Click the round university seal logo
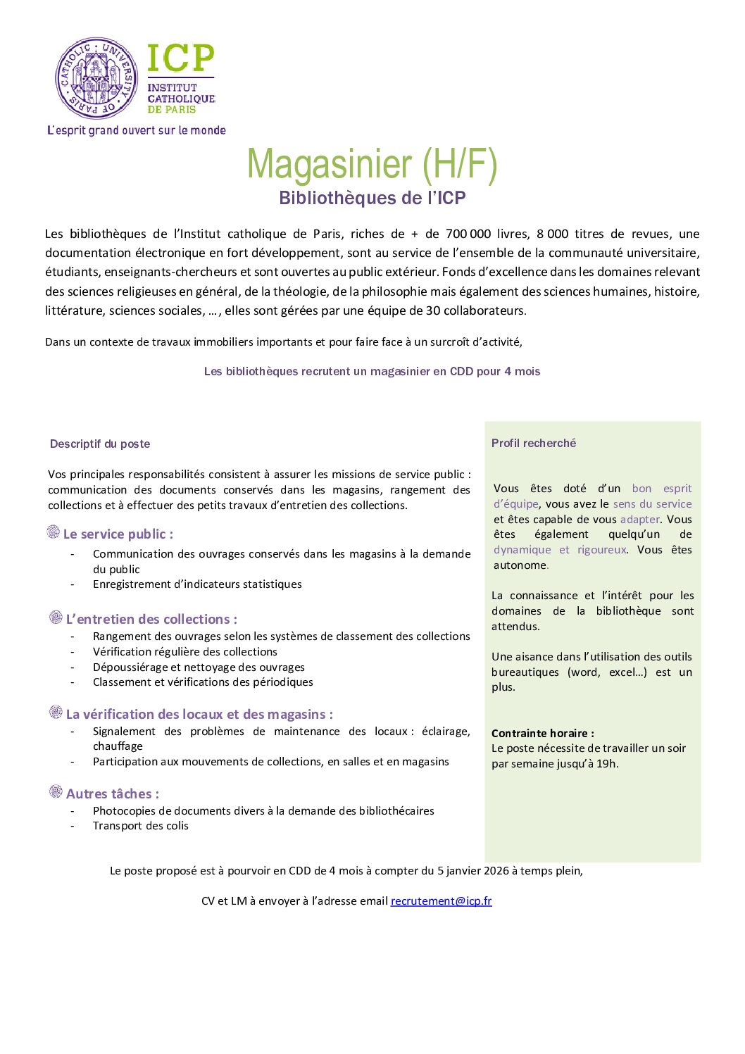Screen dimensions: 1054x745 pyautogui.click(x=96, y=79)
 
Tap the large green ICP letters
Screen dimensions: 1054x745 pyautogui.click(x=180, y=58)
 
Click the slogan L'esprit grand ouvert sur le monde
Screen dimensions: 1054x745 pyautogui.click(x=137, y=130)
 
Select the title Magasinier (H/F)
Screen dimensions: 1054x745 pyautogui.click(x=372, y=164)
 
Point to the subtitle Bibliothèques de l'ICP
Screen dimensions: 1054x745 pyautogui.click(x=372, y=198)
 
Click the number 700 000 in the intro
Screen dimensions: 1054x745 pyautogui.click(x=468, y=234)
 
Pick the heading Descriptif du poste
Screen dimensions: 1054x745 pyautogui.click(x=100, y=444)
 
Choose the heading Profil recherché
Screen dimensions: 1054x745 pyautogui.click(x=534, y=443)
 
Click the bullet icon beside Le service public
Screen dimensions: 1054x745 pyautogui.click(x=54, y=532)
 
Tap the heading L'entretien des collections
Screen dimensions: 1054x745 pyautogui.click(x=151, y=620)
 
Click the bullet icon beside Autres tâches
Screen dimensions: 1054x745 pyautogui.click(x=56, y=792)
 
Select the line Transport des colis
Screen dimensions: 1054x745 pyautogui.click(x=141, y=826)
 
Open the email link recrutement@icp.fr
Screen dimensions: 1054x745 pyautogui.click(x=441, y=901)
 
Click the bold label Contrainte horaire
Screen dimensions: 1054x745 pyautogui.click(x=542, y=733)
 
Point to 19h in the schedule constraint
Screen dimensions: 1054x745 pyautogui.click(x=606, y=764)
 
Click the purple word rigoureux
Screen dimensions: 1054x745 pyautogui.click(x=601, y=550)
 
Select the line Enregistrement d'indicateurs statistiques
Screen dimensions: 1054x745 pyautogui.click(x=197, y=584)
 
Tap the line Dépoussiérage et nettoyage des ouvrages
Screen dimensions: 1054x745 pyautogui.click(x=199, y=667)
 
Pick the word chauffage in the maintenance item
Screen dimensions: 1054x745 pyautogui.click(x=118, y=746)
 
